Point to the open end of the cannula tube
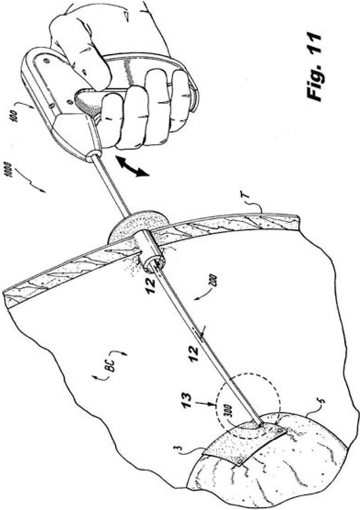click(x=155, y=263)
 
